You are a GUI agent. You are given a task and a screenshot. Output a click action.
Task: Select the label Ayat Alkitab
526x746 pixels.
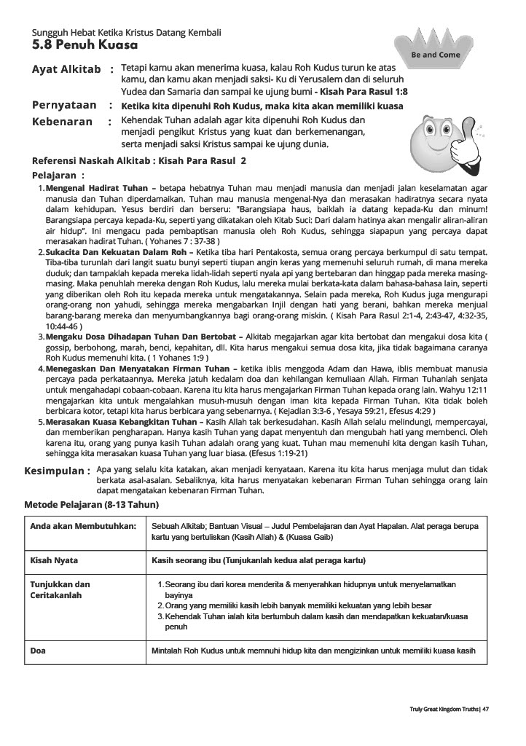click(x=66, y=69)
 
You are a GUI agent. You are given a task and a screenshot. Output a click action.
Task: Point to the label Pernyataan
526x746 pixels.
click(x=65, y=105)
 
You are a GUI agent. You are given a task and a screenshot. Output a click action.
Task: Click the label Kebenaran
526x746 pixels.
click(x=63, y=121)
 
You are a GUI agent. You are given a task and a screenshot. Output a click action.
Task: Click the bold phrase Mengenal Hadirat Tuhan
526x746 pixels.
click(x=101, y=188)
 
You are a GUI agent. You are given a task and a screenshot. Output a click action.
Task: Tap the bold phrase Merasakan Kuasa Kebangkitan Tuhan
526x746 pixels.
click(x=121, y=422)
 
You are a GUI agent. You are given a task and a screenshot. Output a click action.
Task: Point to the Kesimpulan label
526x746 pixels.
click(x=57, y=471)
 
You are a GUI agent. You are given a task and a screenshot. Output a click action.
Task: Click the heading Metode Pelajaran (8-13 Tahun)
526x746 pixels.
click(x=92, y=504)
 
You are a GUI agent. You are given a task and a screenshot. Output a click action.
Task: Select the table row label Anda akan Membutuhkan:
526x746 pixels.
click(x=83, y=525)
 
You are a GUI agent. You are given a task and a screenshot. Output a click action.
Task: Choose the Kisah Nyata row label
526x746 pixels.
click(x=54, y=560)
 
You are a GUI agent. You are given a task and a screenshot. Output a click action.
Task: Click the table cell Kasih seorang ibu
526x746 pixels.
click(x=258, y=560)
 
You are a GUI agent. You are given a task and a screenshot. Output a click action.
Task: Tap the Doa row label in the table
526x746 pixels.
click(x=38, y=651)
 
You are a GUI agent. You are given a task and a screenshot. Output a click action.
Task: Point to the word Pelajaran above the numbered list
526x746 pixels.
click(x=54, y=175)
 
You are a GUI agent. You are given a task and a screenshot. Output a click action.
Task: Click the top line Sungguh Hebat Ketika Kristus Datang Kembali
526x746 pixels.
click(x=127, y=33)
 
